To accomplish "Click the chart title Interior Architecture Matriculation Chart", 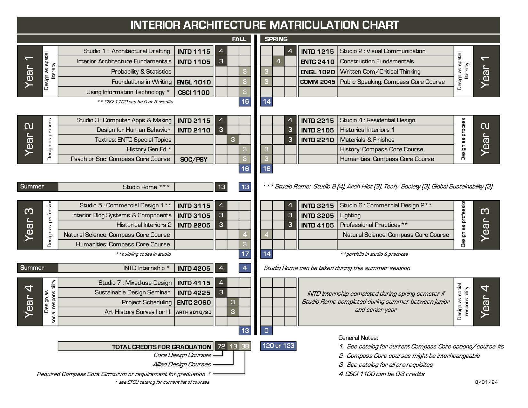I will [265, 25].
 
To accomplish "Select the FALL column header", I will [239, 39].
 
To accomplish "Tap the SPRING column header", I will [276, 39].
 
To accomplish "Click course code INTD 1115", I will [194, 51].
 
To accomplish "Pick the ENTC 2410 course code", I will [317, 61].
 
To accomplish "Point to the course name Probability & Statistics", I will [141, 72].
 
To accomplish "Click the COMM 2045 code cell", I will [317, 82].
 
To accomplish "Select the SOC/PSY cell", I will [194, 159].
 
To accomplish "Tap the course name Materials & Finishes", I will [367, 140].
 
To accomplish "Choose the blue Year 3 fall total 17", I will [245, 254].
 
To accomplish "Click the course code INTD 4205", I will [194, 268].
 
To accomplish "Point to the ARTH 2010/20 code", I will [194, 312].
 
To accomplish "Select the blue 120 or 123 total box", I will [278, 346].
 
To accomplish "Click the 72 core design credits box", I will [221, 346].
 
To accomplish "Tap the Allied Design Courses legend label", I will [182, 364].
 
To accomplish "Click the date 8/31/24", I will [486, 382].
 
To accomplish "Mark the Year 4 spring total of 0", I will [267, 331].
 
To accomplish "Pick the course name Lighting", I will [350, 215].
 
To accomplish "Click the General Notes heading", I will [358, 338].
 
